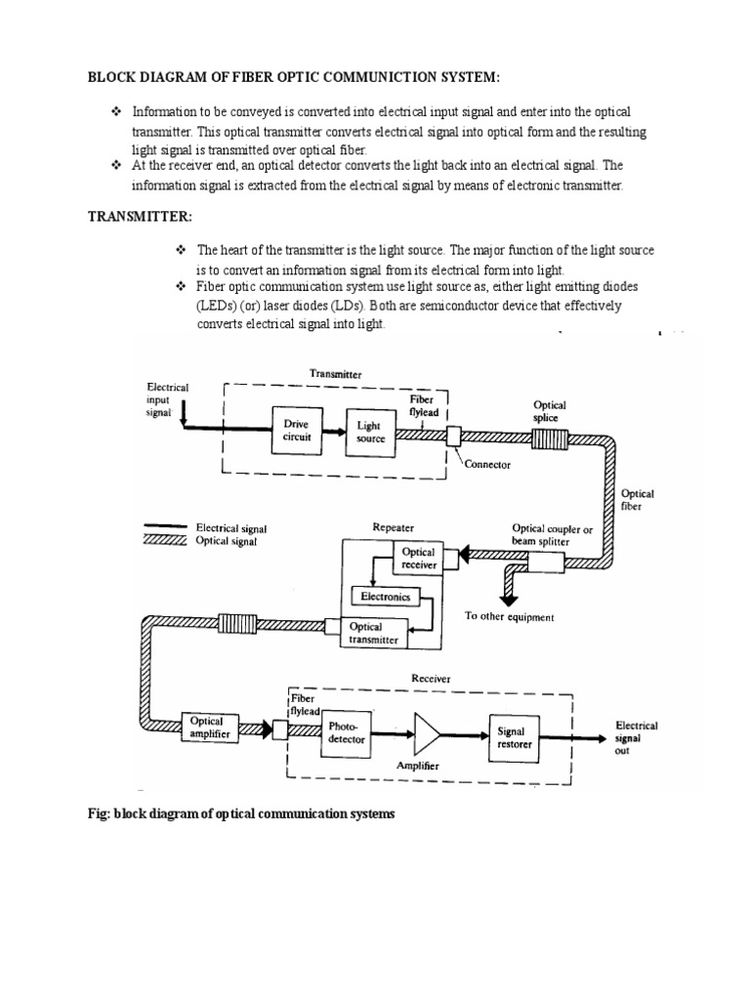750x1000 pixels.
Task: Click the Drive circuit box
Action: [298, 431]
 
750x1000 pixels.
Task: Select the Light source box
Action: [371, 432]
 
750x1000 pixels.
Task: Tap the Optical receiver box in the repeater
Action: [419, 559]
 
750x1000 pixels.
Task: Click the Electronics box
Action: [384, 596]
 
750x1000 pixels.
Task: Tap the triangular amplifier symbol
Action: [428, 732]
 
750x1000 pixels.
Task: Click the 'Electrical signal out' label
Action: [637, 738]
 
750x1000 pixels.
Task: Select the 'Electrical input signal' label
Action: [167, 399]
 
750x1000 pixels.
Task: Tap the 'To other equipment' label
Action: [509, 617]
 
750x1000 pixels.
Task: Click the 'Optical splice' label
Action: [548, 411]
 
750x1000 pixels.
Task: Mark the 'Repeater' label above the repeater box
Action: [394, 527]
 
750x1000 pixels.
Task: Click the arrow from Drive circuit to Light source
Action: [333, 431]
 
